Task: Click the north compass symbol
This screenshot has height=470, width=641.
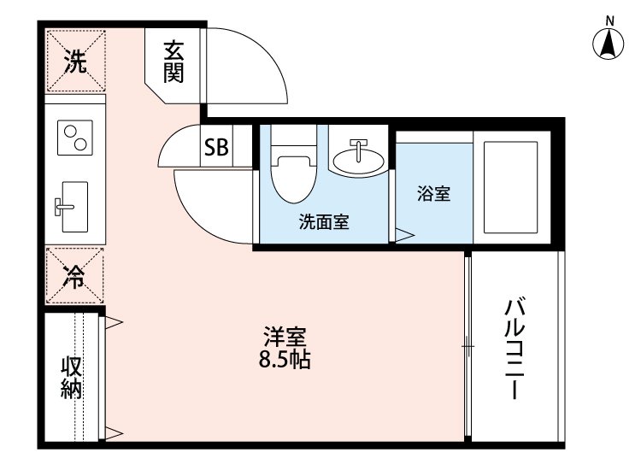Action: (609, 44)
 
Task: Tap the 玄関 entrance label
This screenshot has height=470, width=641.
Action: (173, 63)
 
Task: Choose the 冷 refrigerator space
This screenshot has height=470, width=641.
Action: (75, 276)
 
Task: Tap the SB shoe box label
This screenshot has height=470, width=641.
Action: (215, 148)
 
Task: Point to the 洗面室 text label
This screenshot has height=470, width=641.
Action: (323, 223)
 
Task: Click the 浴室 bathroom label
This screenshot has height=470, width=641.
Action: (433, 194)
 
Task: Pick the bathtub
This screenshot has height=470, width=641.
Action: (510, 188)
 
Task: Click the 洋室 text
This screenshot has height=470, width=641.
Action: (285, 336)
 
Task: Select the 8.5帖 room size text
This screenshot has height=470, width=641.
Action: (285, 360)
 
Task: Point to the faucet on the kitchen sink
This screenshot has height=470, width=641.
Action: (65, 205)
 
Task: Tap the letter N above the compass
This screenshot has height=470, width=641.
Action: (609, 20)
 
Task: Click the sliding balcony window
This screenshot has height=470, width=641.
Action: (468, 346)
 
